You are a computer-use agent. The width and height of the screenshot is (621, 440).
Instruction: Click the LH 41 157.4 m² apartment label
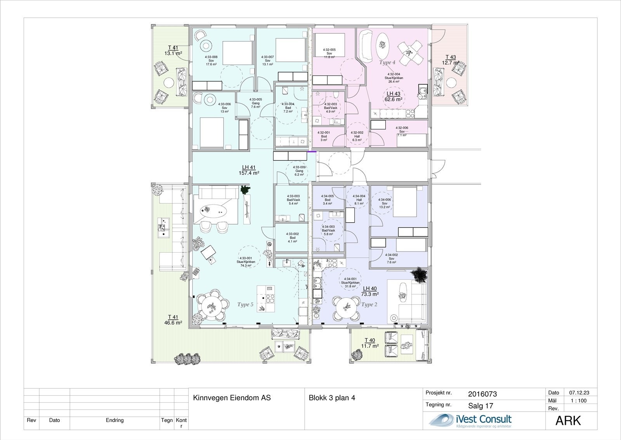point(249,170)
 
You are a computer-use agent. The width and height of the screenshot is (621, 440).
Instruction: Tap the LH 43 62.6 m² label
point(393,97)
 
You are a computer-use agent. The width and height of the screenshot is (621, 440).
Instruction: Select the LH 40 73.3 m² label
point(369,291)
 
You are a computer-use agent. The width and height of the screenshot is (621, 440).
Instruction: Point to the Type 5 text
point(245,305)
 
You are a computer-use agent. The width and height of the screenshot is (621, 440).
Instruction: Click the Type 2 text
point(369,305)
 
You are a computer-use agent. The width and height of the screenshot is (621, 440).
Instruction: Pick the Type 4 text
point(387,62)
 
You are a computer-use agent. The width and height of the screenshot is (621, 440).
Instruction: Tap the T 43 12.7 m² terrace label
point(451,60)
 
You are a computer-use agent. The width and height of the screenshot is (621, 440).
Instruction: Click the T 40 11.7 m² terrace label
point(369,343)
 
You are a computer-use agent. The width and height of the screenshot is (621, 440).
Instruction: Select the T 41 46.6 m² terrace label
point(173,320)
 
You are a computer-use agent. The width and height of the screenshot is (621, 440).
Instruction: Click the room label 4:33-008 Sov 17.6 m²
point(211,61)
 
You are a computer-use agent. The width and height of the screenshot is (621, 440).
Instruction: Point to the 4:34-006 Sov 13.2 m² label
point(384,203)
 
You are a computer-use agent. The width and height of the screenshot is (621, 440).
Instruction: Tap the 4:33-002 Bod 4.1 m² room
point(292,237)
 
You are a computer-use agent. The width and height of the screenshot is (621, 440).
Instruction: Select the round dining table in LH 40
point(344,307)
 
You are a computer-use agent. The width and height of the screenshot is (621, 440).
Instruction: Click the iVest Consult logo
point(470,420)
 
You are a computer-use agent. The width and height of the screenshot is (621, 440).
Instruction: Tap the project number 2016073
point(482,394)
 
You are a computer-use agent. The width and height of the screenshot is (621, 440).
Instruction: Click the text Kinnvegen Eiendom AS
point(232,398)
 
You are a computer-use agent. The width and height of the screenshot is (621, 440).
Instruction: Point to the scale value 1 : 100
point(579,401)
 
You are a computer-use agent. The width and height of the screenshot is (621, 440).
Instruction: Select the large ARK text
point(568,421)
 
